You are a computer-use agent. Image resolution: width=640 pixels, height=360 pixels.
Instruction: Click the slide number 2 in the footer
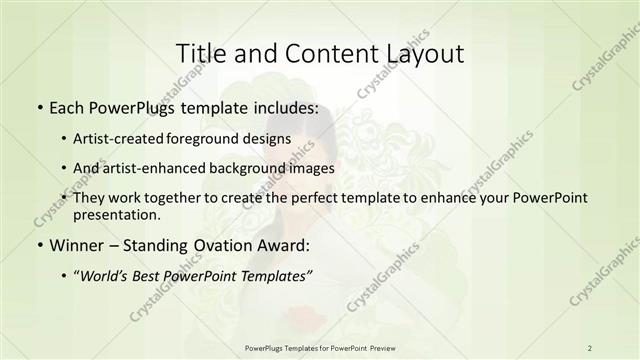589,347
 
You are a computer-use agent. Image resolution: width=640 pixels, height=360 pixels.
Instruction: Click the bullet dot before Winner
39,247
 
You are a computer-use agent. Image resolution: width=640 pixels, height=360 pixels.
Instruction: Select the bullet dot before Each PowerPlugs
39,106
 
